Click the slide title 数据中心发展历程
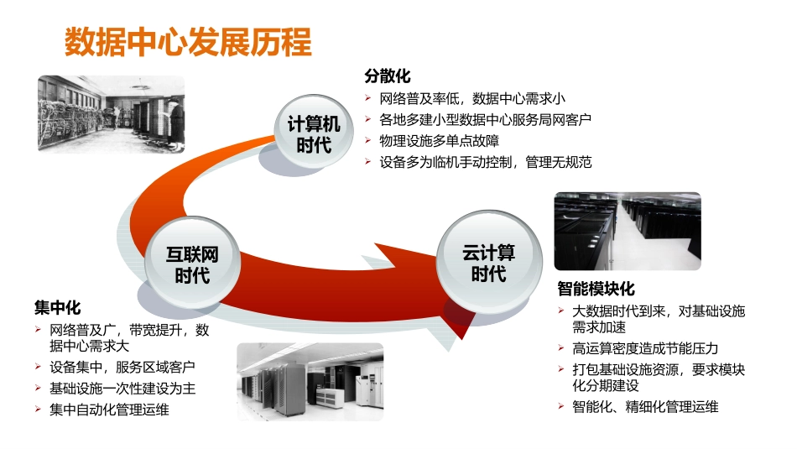point(188,41)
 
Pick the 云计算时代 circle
point(488,263)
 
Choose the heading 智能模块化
point(596,290)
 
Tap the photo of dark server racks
point(628,231)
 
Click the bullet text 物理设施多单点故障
point(438,141)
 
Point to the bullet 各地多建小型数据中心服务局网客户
point(485,120)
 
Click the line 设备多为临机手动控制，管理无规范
point(485,162)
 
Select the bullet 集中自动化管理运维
point(109,410)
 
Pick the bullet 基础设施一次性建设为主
point(122,389)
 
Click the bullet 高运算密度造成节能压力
point(645,348)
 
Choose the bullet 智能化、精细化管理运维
point(645,407)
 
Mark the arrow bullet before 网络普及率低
point(369,99)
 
